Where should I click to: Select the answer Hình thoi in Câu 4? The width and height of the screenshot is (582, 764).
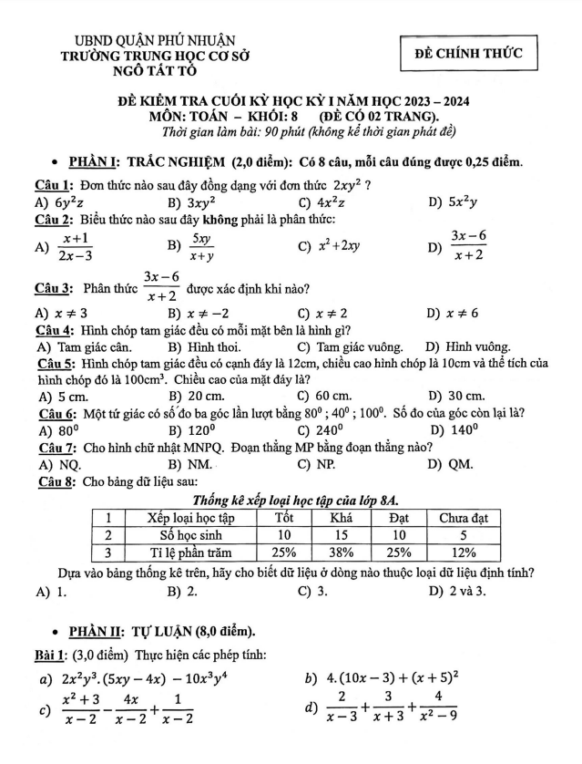pyautogui.click(x=211, y=346)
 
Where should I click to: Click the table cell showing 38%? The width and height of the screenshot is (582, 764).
pyautogui.click(x=341, y=552)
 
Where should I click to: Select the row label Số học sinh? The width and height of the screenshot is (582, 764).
pyautogui.click(x=191, y=535)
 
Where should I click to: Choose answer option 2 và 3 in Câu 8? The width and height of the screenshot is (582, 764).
pyautogui.click(x=463, y=591)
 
